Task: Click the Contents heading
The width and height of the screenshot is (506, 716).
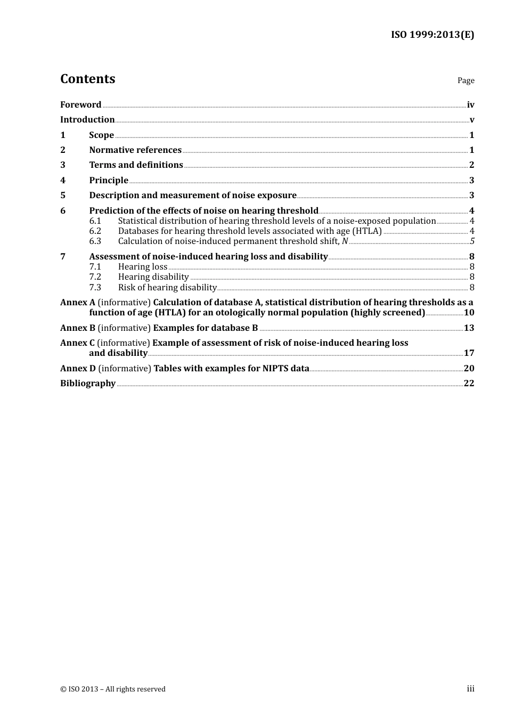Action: [87, 79]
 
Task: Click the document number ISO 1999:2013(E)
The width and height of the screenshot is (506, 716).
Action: [432, 35]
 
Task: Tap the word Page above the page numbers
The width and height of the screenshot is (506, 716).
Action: [466, 80]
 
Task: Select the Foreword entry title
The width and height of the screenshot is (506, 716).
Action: [80, 105]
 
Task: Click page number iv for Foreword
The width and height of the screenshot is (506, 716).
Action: [470, 105]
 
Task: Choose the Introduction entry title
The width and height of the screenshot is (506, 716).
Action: [87, 120]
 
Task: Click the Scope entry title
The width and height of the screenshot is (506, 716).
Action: [101, 135]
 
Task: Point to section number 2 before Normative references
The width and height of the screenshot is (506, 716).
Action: [63, 150]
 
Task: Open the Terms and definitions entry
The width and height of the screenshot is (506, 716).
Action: [136, 165]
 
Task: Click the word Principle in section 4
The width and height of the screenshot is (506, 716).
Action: [109, 181]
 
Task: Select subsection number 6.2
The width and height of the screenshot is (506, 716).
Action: [95, 231]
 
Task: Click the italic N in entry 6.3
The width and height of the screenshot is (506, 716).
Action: [345, 241]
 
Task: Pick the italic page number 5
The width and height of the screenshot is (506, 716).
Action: [472, 241]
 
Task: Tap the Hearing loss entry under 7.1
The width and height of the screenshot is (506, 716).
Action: [142, 267]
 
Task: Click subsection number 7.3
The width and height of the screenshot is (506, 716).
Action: [95, 288]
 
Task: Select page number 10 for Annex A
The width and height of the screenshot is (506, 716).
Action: [469, 313]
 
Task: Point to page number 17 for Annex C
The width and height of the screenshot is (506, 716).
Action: [469, 353]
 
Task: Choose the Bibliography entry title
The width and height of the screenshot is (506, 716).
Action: [88, 384]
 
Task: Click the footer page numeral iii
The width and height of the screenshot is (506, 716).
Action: [470, 689]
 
